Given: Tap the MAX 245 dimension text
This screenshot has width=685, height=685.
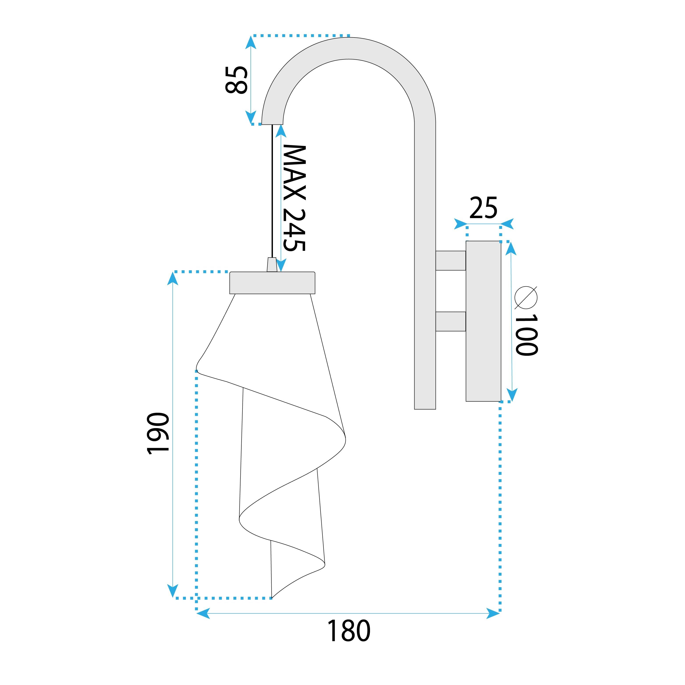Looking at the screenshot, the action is coord(294,198).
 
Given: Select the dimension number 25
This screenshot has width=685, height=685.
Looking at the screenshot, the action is coord(483,208).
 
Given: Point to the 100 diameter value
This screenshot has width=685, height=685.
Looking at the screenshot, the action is coord(527,335).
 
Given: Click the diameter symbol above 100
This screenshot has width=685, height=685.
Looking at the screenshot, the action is coord(526,297).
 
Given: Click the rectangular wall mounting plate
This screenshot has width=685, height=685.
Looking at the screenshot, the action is coord(483,321).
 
